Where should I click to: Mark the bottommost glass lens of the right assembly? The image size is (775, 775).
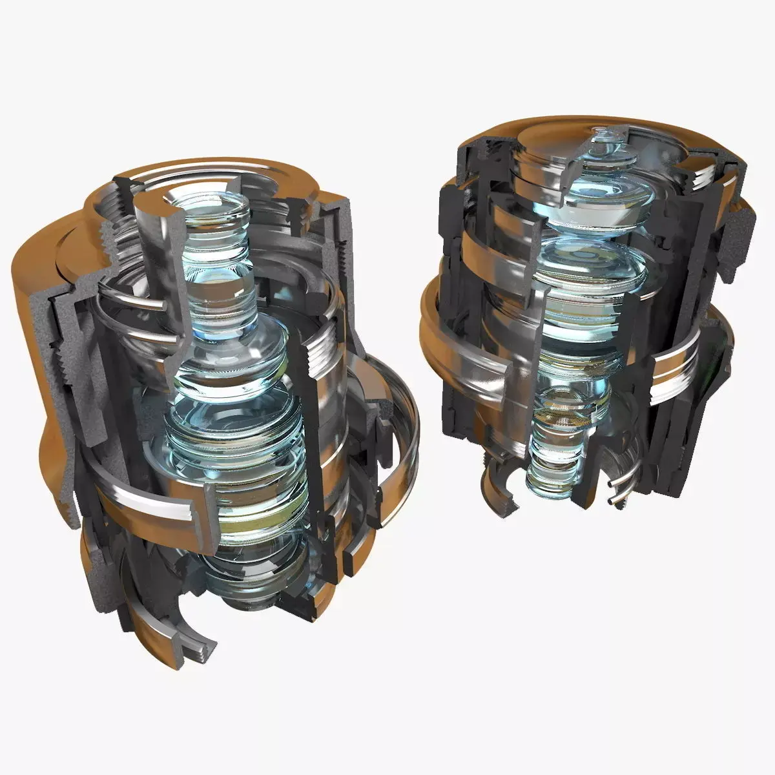tap(549, 478)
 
